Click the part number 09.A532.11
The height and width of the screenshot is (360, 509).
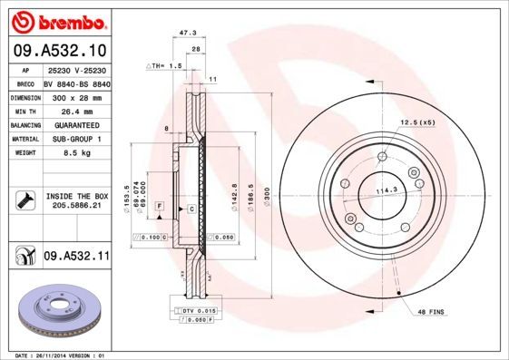point(75,258)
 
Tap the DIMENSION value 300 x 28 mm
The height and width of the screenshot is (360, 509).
point(76,95)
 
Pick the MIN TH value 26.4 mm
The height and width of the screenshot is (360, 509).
point(76,110)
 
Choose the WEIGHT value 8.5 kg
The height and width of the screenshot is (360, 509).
point(76,153)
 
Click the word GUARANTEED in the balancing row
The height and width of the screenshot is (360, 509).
point(76,124)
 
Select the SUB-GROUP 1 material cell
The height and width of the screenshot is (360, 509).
point(76,139)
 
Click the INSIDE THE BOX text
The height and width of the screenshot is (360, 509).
point(77,196)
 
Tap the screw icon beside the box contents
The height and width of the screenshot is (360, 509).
point(24,199)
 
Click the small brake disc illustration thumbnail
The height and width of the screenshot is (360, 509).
point(56,311)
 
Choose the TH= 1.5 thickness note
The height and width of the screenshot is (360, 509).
point(166,67)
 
